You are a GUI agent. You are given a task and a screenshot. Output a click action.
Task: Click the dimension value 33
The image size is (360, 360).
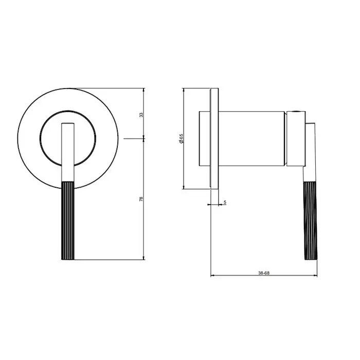141,115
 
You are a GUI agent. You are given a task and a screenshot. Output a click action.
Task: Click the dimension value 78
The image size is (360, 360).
141,199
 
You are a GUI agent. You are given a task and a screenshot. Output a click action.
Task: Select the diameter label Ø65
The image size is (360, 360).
182,139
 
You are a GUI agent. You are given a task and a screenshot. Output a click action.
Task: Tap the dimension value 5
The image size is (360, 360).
225,202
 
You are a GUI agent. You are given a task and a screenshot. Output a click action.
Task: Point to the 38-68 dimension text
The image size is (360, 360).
264,273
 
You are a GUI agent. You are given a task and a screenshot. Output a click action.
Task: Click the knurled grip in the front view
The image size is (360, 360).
68,221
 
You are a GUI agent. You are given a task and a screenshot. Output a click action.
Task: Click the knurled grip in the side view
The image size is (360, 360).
311,221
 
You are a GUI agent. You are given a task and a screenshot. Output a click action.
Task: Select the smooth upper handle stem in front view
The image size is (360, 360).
68,152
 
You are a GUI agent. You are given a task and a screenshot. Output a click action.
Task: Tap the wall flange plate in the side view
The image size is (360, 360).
214,139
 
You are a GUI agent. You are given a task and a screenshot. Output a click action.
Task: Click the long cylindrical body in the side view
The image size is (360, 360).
251,139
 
